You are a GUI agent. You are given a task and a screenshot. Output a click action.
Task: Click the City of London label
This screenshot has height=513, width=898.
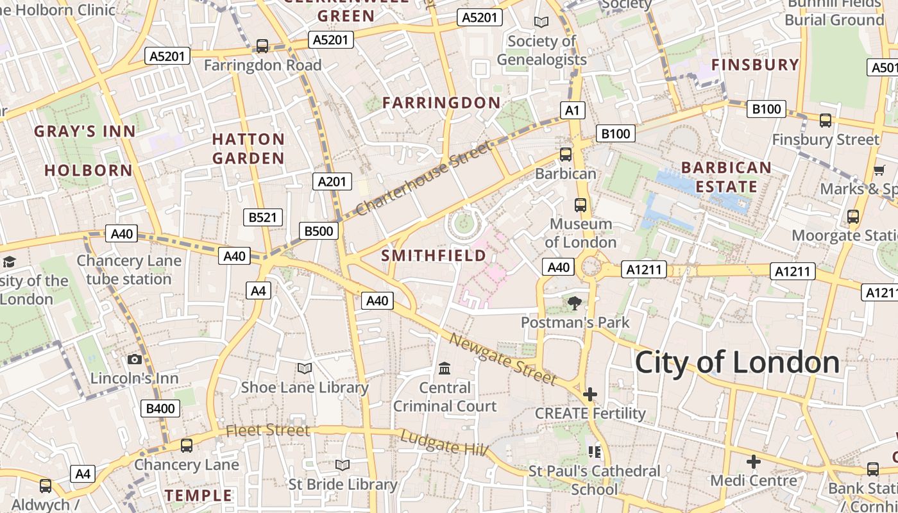(x=737, y=363)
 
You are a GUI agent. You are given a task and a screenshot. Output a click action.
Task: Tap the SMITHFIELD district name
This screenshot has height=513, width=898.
(x=434, y=256)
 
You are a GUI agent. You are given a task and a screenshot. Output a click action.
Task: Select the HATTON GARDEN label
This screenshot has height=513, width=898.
(x=248, y=148)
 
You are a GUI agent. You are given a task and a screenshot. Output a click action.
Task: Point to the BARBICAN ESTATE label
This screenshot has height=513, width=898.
(x=726, y=177)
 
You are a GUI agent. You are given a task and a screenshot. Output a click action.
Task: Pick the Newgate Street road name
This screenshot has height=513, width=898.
(x=503, y=359)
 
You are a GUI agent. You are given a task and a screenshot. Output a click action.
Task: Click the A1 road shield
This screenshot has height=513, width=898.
(x=572, y=110)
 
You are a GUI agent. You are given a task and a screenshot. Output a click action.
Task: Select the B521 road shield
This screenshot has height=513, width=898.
(x=263, y=217)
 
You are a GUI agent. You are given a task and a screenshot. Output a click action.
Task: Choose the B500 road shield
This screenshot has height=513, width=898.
(x=318, y=231)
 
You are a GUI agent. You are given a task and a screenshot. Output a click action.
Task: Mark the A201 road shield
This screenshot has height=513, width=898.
(x=332, y=181)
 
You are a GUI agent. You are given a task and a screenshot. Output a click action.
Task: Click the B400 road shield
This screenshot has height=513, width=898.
(x=160, y=408)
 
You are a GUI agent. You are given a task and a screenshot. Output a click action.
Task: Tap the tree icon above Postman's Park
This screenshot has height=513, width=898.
(x=575, y=303)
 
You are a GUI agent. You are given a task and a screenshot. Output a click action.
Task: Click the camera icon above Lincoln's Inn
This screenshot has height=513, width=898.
(x=135, y=359)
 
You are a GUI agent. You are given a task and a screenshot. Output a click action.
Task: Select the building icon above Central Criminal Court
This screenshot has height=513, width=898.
(x=445, y=368)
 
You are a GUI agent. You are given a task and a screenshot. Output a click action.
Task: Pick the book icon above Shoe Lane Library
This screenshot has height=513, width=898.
(x=305, y=368)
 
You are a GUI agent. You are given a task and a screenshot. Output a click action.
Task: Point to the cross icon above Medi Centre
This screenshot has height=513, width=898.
(x=754, y=461)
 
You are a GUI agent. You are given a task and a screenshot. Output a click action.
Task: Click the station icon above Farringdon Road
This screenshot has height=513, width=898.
(x=262, y=46)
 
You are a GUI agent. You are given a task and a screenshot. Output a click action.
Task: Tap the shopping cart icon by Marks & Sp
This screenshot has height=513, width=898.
(x=879, y=170)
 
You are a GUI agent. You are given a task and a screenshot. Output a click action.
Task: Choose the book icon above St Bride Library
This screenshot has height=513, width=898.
(x=343, y=465)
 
